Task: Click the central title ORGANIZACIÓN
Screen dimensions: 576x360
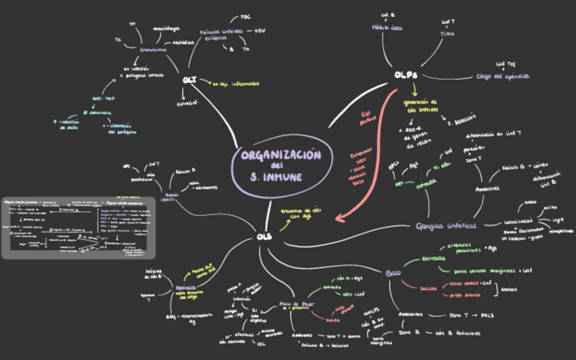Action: tap(281, 155)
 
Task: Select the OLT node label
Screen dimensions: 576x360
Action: tap(190, 80)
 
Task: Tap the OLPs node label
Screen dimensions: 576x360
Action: tap(406, 75)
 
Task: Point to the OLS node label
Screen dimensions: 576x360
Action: tap(265, 236)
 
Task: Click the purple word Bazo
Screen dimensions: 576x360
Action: tap(393, 272)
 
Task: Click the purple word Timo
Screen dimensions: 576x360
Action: tap(448, 33)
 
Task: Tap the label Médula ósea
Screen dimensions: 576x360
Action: tap(387, 28)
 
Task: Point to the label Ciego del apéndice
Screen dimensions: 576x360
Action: tap(503, 76)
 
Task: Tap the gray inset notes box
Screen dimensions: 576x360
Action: tap(79, 228)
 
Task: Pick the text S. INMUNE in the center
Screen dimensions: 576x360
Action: tap(276, 177)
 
